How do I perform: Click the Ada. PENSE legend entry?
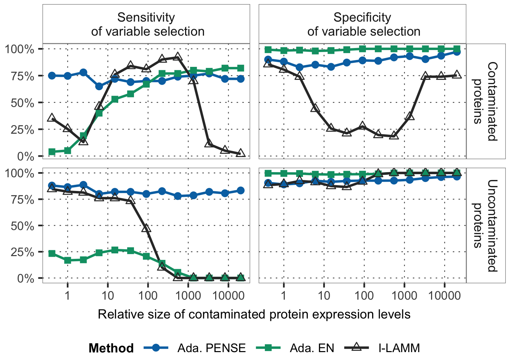tap(211, 348)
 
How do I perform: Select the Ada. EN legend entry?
tap(311, 348)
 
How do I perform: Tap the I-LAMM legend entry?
tap(399, 348)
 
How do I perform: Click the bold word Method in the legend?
tap(111, 348)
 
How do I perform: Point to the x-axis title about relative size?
tap(254, 314)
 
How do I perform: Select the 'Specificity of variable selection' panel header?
tap(362, 24)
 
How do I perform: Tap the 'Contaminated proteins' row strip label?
tap(486, 101)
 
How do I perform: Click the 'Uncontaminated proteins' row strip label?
tap(486, 225)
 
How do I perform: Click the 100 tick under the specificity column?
tap(364, 296)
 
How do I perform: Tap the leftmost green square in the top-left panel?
tap(52, 152)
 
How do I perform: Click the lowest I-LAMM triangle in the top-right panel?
tap(394, 135)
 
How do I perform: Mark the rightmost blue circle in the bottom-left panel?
tap(241, 190)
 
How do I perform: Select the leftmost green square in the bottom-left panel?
tap(52, 254)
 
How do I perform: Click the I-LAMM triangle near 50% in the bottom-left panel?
tap(147, 228)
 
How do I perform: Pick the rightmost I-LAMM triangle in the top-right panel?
tap(457, 75)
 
